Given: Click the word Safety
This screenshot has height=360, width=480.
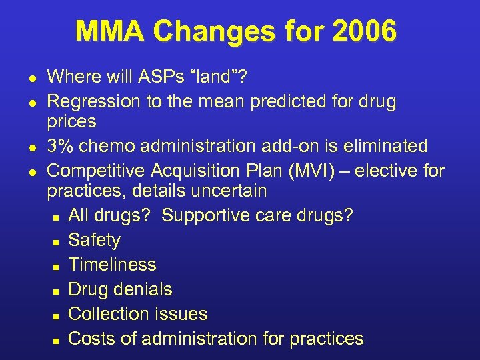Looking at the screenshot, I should (95, 240).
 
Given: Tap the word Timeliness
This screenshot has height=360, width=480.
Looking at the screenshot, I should (113, 265).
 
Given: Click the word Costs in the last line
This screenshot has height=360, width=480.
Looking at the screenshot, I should (93, 339).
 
